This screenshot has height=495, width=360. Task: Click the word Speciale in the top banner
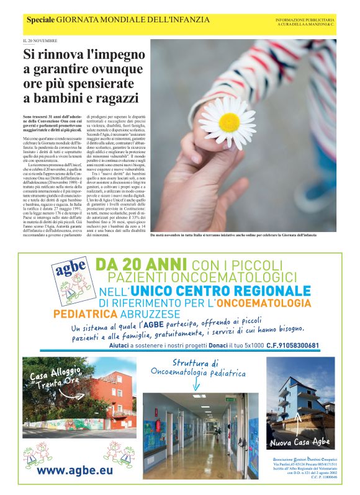(x=40, y=20)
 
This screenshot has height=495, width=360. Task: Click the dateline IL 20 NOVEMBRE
(x=40, y=41)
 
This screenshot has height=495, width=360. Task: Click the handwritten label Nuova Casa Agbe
(x=300, y=442)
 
